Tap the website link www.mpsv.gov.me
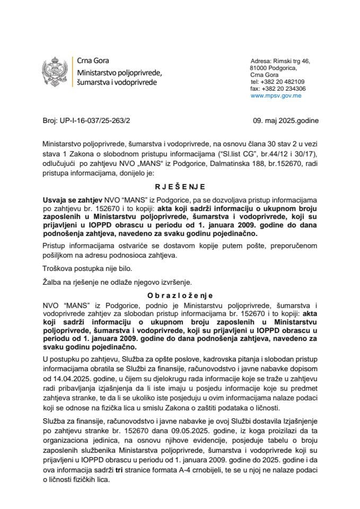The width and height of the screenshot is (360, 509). click(x=276, y=96)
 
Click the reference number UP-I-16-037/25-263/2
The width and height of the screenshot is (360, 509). click(x=93, y=120)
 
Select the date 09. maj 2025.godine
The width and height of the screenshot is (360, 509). click(x=286, y=120)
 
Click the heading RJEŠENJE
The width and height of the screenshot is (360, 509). click(x=180, y=187)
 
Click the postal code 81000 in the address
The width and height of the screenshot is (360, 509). click(x=261, y=68)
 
